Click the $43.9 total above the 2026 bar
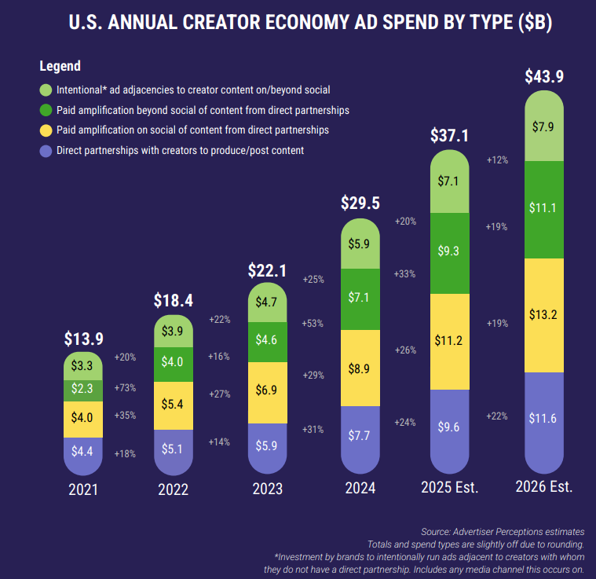[x=544, y=77]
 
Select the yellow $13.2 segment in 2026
[x=543, y=315]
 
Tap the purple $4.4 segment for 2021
[x=82, y=453]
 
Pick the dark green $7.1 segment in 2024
[x=360, y=297]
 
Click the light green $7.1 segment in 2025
[x=450, y=181]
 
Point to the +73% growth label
[x=125, y=388]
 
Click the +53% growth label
[x=313, y=323]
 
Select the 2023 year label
[x=267, y=488]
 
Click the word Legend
[x=60, y=66]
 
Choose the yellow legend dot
[x=46, y=130]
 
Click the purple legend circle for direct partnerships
[x=46, y=150]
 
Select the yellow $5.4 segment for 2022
[x=174, y=405]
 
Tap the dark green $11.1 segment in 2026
[x=543, y=208]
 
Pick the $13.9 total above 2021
[x=82, y=339]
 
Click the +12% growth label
[x=497, y=159]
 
